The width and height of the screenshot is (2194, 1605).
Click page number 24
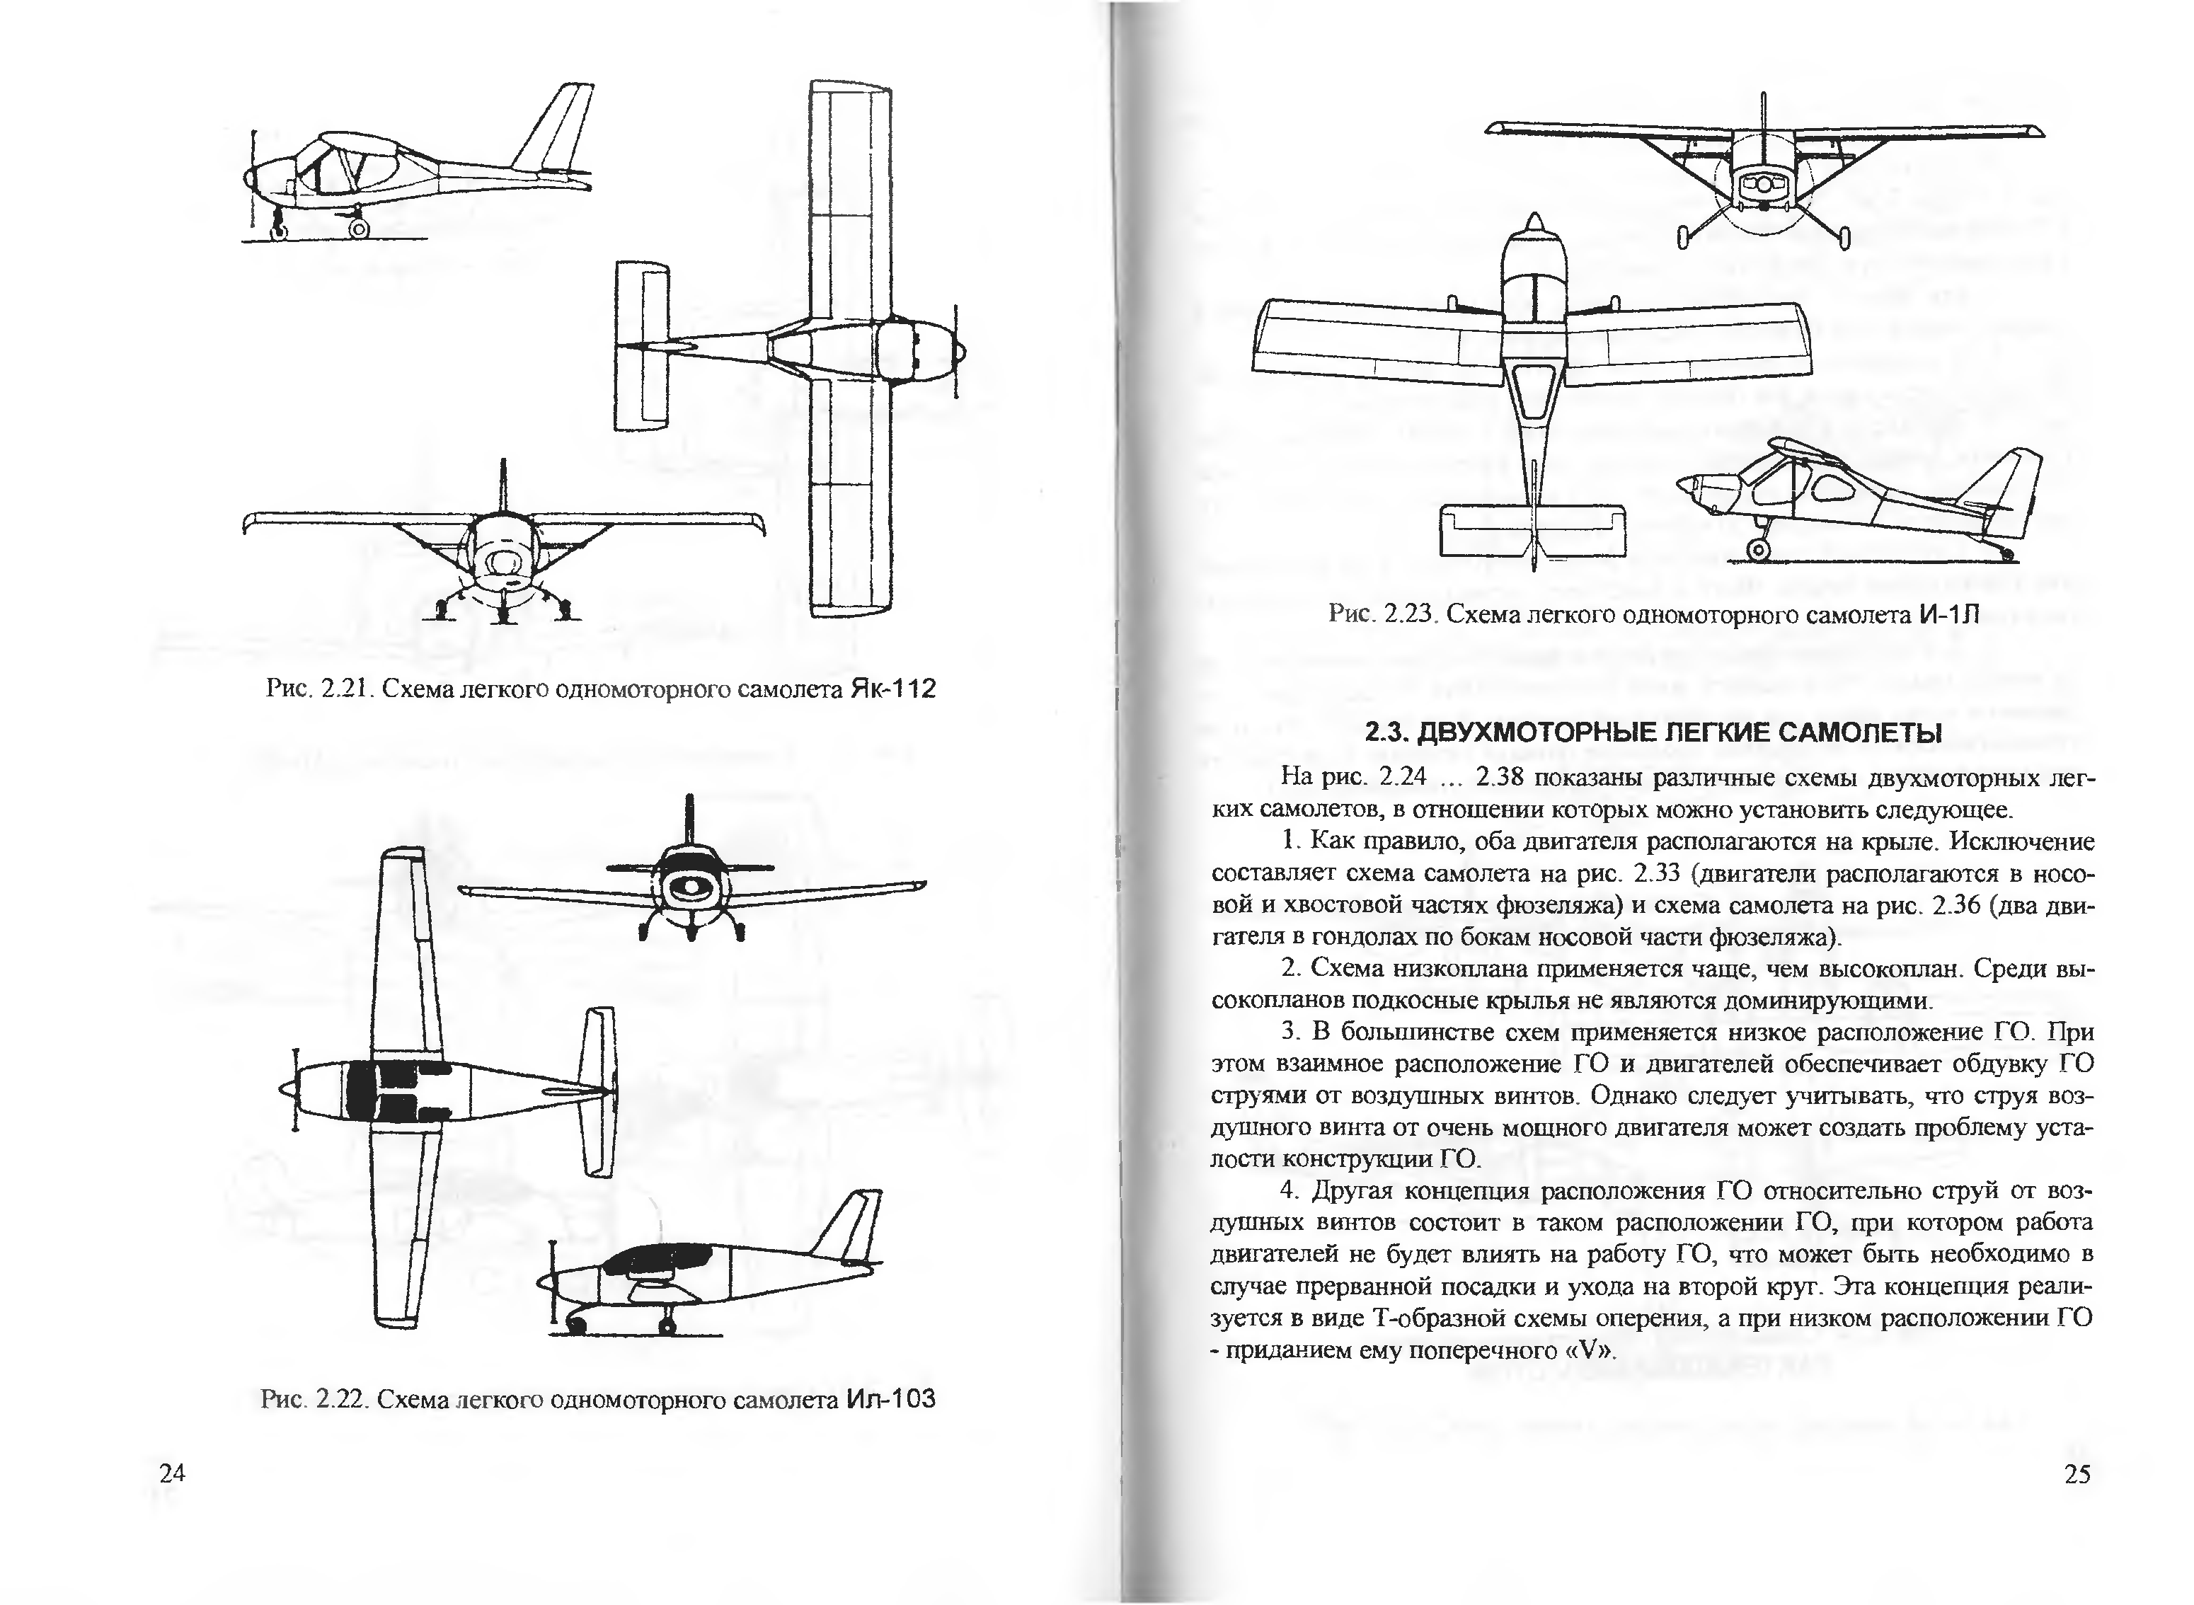click(x=172, y=1473)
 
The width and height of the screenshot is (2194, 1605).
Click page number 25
click(x=2077, y=1474)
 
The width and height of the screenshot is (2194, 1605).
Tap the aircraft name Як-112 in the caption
click(x=892, y=689)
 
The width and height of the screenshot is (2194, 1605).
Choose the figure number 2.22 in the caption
click(x=341, y=1400)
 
